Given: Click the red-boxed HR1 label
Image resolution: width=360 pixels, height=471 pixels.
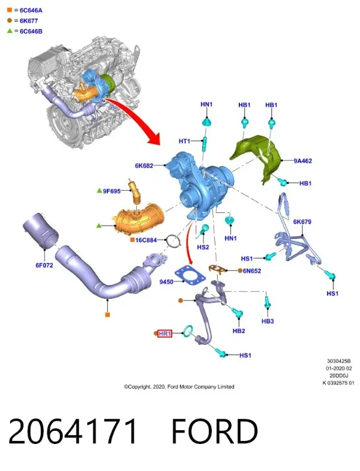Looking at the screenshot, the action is pos(165,334).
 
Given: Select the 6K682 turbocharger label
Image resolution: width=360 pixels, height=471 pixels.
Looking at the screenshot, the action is pos(144,166).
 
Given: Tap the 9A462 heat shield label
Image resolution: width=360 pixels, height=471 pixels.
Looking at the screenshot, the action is pos(303,161).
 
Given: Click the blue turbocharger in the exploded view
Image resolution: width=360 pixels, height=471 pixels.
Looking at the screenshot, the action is pos(201,186).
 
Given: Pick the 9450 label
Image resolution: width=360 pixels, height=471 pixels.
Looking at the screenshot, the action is pos(166,282).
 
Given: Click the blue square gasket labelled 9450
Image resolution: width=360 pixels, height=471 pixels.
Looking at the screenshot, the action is pos(191,275).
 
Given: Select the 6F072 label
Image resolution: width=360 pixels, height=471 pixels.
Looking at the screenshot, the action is pos(44,265).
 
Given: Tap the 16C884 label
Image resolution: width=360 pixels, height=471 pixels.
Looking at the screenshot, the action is pos(146,240).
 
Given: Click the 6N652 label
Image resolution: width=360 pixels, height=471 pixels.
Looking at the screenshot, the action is pos(252,271).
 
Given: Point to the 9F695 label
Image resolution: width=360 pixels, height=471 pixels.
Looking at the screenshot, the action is pos(112,191).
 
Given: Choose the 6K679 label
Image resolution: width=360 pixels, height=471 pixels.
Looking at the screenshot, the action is pos(302,221).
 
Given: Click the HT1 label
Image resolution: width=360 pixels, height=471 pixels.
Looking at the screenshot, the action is pos(185,141).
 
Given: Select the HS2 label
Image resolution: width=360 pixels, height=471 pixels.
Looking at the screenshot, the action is pos(203,247).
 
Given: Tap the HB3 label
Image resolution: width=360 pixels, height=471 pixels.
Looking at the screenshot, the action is pos(268,321).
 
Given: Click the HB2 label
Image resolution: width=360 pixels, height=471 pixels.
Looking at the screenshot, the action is pos(239,331).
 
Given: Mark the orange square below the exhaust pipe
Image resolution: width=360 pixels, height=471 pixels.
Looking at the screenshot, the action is pos(107,315).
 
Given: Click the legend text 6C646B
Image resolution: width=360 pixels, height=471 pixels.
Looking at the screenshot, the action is pos(31,31).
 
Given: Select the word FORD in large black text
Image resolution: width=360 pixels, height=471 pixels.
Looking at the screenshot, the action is pos(215,431).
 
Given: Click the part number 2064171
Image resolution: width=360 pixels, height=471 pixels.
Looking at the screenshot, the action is pos(73,431).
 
